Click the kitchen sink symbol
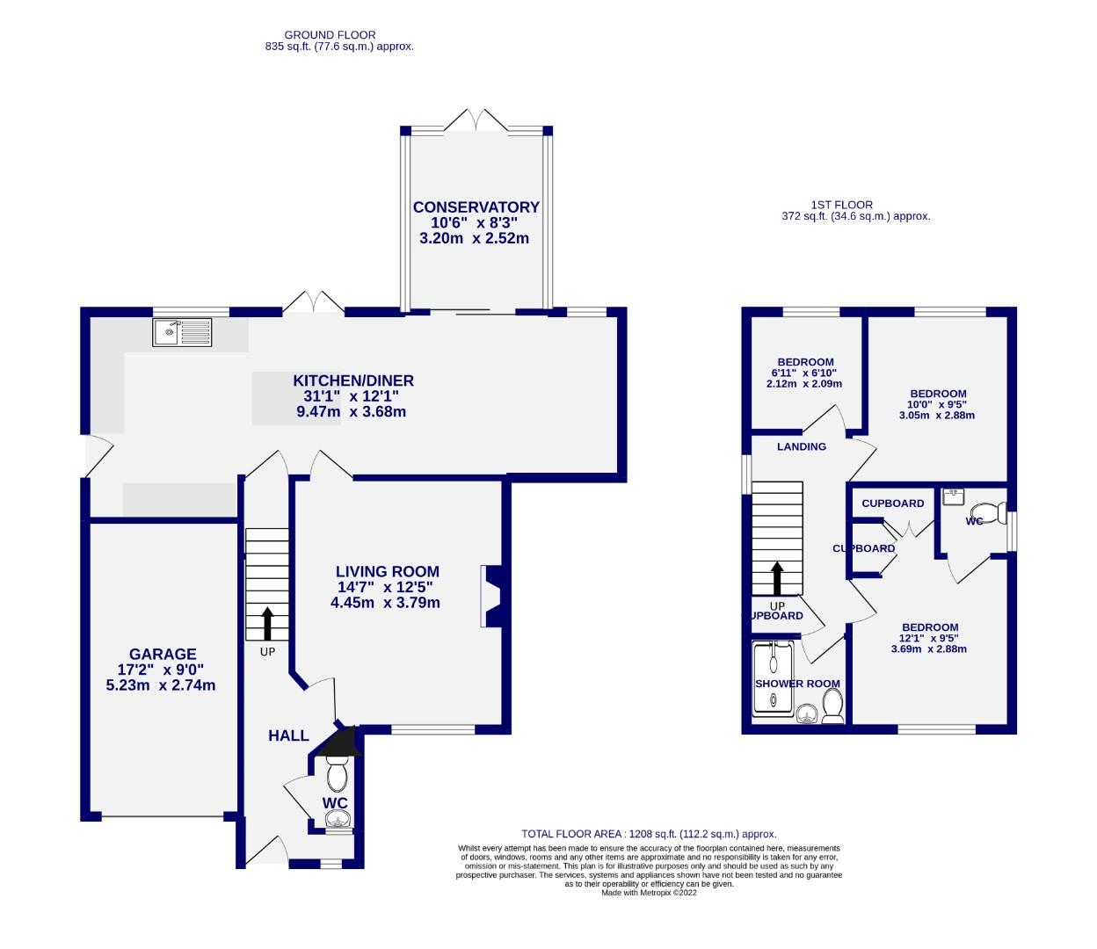(182, 332)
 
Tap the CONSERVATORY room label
(476, 207)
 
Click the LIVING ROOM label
(387, 571)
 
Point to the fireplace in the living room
(490, 597)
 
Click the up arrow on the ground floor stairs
(268, 622)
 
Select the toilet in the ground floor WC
(336, 775)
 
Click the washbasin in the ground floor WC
(338, 821)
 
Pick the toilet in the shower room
(832, 704)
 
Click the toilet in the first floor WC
(989, 512)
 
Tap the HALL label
(288, 735)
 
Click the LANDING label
(801, 446)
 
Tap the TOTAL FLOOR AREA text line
(649, 834)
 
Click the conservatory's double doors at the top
(476, 121)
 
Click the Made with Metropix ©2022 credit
(649, 893)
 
